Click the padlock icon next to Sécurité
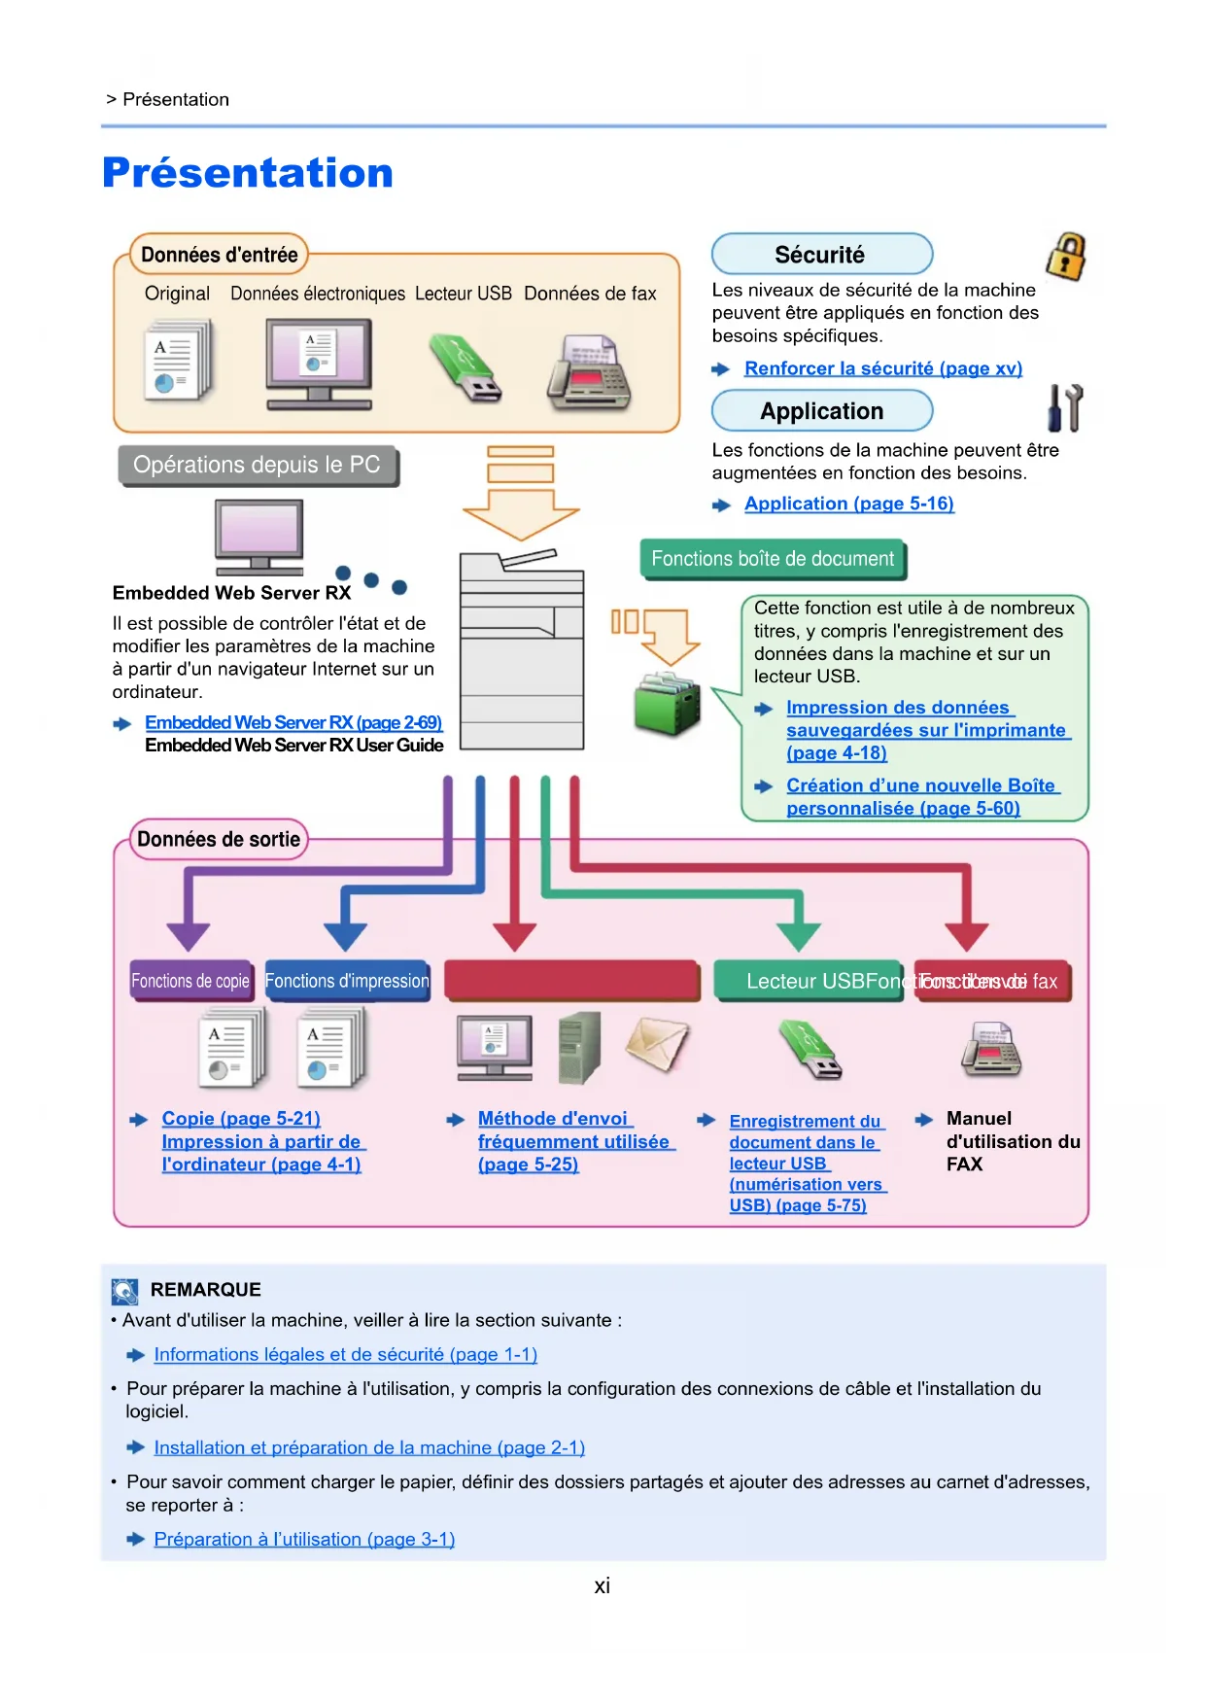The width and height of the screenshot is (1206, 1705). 1066,257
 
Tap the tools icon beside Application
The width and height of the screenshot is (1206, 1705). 1065,408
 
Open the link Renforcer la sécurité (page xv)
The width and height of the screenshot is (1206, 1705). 882,368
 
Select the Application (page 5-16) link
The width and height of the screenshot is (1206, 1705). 848,504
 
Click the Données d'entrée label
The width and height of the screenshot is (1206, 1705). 219,255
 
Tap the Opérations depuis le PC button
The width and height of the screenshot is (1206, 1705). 258,465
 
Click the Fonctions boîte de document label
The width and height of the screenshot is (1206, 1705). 773,559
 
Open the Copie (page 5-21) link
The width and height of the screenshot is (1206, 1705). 241,1119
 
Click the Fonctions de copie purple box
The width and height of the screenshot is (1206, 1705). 190,981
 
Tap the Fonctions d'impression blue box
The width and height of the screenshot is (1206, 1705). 347,981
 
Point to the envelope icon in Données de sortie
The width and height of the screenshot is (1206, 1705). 657,1045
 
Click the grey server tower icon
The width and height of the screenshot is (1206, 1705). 580,1047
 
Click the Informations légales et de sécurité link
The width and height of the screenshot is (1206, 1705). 345,1354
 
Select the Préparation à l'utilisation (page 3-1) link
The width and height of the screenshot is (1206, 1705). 304,1539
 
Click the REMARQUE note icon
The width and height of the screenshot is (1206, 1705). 125,1291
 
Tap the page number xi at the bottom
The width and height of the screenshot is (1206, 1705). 603,1586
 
